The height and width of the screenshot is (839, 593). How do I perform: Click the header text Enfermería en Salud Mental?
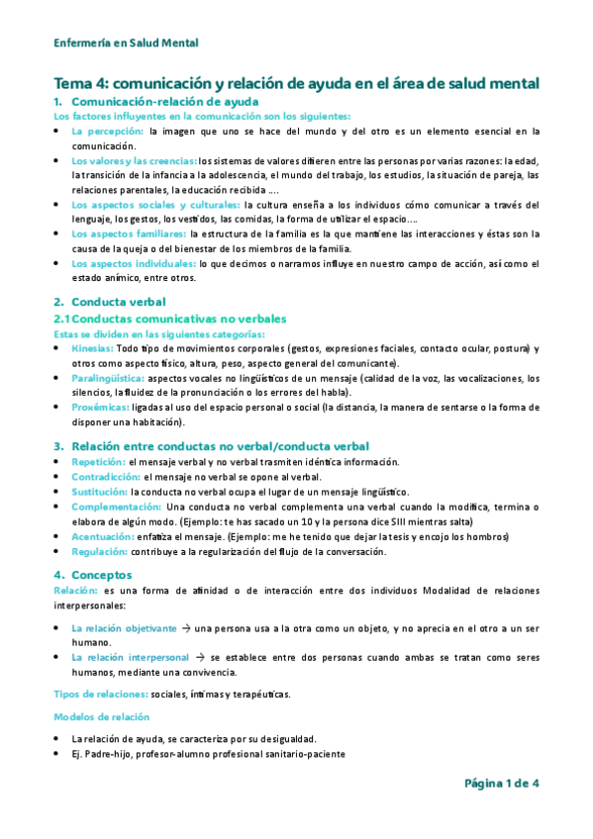click(x=126, y=43)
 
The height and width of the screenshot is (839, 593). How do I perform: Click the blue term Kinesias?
click(x=93, y=349)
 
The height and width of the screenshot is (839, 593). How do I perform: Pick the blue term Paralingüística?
click(x=108, y=378)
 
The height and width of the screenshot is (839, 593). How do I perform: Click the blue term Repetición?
click(x=98, y=461)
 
